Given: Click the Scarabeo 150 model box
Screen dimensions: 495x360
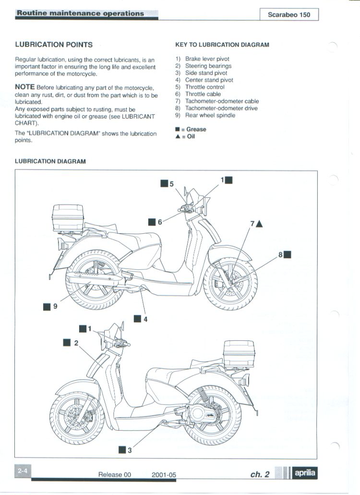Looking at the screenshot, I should [x=289, y=14].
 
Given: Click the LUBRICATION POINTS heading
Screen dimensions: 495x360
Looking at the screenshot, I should [x=54, y=45].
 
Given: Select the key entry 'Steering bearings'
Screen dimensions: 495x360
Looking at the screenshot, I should [x=208, y=66].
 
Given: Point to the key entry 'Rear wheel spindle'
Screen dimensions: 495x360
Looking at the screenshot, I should [x=210, y=115].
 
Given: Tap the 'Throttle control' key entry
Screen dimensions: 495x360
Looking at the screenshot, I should [x=204, y=87].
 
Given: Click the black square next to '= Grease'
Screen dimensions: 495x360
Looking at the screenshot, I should [x=178, y=130].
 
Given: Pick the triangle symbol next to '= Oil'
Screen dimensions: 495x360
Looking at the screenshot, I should [x=178, y=136].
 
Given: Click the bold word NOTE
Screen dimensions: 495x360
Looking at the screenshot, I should [x=25, y=87].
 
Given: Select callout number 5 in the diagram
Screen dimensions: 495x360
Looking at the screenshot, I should [x=171, y=183].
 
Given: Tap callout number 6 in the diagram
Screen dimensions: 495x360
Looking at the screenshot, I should [x=160, y=222].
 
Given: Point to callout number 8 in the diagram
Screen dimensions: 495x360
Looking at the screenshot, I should [x=281, y=255].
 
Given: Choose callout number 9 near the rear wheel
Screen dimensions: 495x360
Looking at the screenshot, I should [x=55, y=306].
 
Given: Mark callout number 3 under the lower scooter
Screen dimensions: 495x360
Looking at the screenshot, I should [x=129, y=450].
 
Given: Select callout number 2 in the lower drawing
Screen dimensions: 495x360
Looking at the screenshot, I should [x=76, y=343].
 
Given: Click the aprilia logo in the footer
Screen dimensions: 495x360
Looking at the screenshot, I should [x=305, y=473].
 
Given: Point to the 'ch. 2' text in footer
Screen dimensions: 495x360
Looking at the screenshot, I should [x=260, y=474].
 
